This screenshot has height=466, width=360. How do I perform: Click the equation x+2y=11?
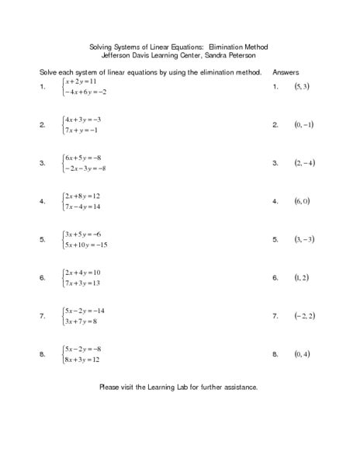click(x=81, y=81)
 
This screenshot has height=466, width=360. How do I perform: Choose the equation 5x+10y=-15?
click(x=86, y=245)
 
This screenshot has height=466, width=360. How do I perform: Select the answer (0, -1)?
click(x=303, y=124)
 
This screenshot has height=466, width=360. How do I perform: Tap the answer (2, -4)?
click(x=303, y=162)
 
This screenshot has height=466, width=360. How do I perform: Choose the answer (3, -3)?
click(x=303, y=239)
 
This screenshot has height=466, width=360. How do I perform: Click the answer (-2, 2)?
click(x=303, y=315)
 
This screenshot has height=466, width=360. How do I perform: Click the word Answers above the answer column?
click(x=286, y=71)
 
